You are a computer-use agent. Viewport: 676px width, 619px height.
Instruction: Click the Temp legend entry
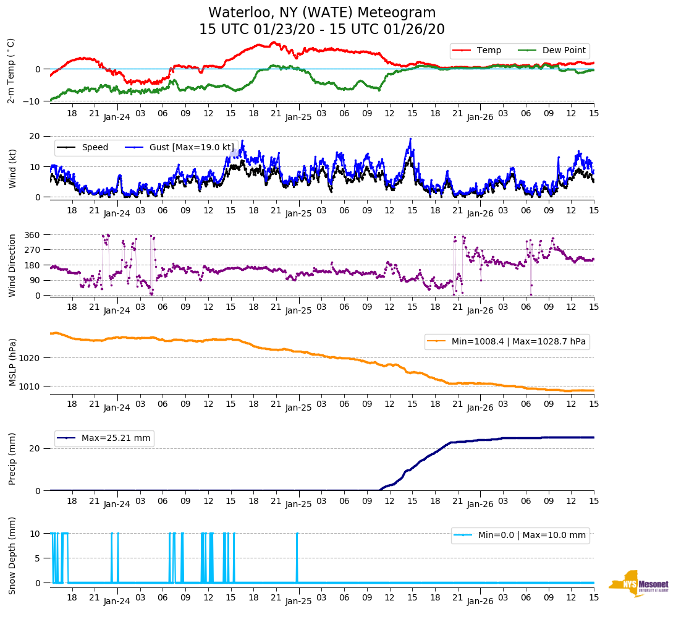click(486, 51)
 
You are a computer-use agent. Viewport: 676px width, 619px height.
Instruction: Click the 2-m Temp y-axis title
click(11, 70)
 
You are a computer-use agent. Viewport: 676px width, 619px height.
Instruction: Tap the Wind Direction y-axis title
click(12, 265)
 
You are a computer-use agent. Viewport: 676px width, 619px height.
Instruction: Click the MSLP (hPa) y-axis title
click(12, 362)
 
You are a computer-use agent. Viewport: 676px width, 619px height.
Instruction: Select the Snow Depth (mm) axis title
click(12, 556)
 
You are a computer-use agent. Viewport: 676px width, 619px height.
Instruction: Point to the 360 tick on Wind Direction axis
click(32, 235)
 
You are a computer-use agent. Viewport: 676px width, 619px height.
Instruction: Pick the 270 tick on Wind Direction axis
click(32, 250)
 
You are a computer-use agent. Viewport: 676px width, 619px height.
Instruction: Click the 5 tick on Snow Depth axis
click(38, 558)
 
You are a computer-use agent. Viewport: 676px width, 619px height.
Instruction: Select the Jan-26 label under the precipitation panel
click(480, 504)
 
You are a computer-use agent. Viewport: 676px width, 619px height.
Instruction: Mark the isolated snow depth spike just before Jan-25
click(297, 557)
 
